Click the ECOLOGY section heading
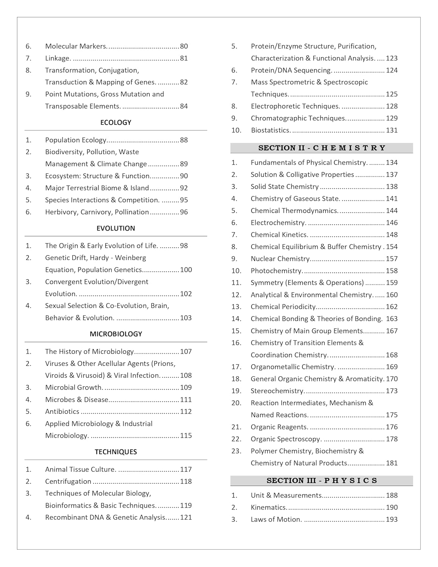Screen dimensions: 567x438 click(x=116, y=122)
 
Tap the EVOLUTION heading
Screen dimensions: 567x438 click(x=116, y=228)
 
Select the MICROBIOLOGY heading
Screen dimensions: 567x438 click(x=116, y=334)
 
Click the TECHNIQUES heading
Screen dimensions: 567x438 click(x=116, y=452)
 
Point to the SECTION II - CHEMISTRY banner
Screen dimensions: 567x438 click(x=322, y=148)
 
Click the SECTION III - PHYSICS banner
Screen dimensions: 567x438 click(x=322, y=480)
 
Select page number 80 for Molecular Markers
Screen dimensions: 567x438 click(x=184, y=46)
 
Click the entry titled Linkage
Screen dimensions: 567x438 click(x=58, y=58)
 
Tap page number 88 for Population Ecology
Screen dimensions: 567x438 click(x=184, y=140)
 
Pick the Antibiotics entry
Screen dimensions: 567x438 click(x=62, y=411)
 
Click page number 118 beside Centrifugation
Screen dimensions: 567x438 click(x=186, y=481)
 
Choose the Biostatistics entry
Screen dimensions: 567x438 click(x=271, y=130)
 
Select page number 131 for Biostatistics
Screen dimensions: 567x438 click(x=392, y=130)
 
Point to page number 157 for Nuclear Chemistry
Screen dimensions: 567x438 click(x=392, y=259)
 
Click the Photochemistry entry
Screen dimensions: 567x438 click(x=276, y=271)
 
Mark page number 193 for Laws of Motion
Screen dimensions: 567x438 click(x=392, y=519)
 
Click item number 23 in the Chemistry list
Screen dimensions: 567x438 click(x=236, y=451)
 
